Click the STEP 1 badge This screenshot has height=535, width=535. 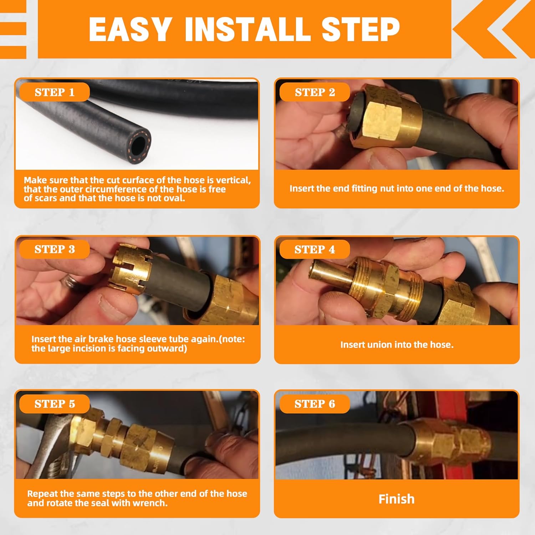coord(54,92)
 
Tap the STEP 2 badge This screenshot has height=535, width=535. coord(315,92)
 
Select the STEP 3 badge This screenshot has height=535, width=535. coord(54,249)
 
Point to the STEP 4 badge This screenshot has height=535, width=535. coord(315,249)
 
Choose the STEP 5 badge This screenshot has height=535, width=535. coord(54,404)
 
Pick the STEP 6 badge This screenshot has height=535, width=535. coord(315,404)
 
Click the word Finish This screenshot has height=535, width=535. coord(397,499)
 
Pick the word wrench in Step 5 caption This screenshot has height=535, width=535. coord(149,503)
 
